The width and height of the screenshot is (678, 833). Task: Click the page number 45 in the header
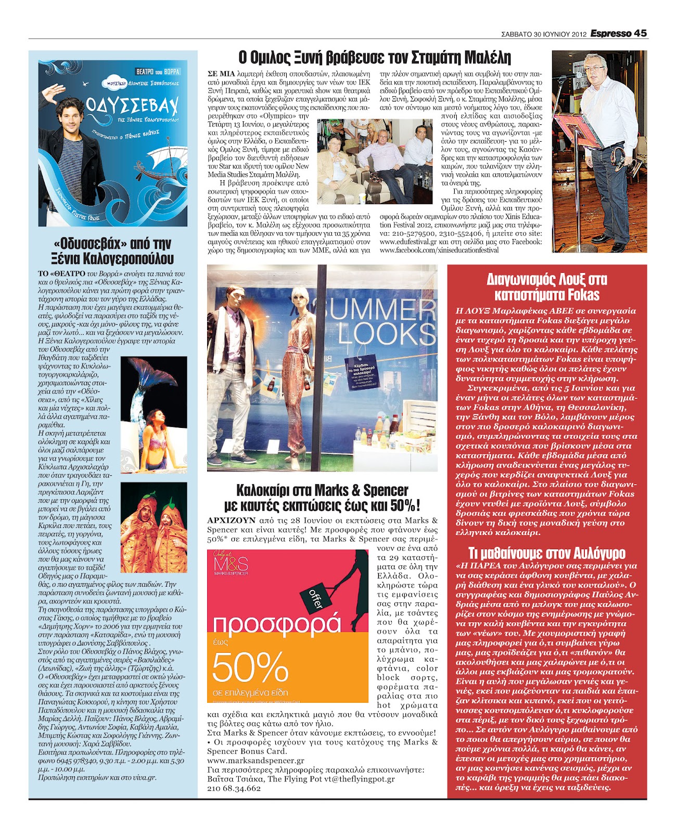tap(640, 33)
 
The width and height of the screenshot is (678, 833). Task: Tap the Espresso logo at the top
tap(610, 33)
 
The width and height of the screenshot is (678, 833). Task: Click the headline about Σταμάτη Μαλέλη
tap(375, 57)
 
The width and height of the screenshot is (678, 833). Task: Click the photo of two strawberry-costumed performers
tap(154, 527)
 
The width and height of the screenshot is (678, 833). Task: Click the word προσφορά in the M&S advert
tap(277, 625)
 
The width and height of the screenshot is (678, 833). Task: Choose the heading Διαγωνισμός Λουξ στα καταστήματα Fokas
tap(546, 287)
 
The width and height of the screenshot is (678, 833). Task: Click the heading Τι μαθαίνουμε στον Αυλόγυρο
tap(546, 552)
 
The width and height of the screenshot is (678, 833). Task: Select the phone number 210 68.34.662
tap(234, 789)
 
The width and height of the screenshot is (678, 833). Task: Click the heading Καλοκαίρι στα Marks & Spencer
tap(322, 497)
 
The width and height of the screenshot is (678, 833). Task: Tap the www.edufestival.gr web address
tap(408, 242)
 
